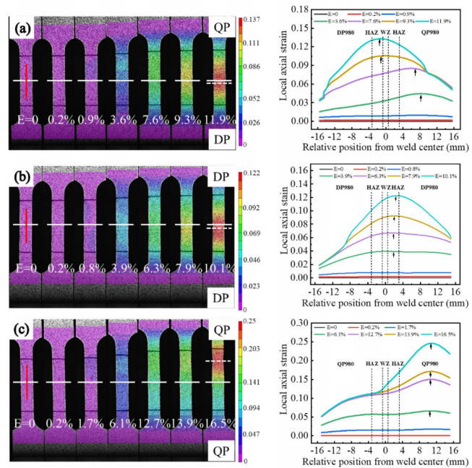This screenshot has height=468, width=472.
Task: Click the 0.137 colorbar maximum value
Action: click(253, 16)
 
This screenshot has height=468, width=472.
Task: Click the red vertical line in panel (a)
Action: click(25, 80)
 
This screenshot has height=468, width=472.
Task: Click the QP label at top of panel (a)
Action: click(225, 26)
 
